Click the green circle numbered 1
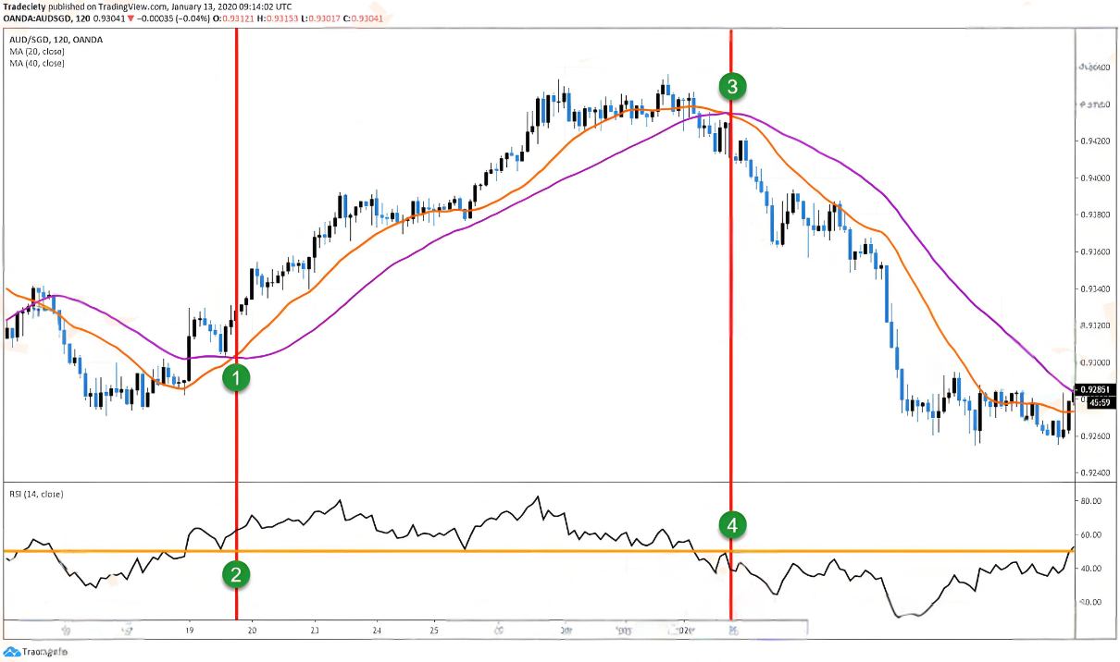click(x=237, y=377)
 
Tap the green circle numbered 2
click(x=237, y=575)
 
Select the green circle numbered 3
click(x=732, y=88)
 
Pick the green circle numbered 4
click(x=732, y=526)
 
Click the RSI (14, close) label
click(x=37, y=494)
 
